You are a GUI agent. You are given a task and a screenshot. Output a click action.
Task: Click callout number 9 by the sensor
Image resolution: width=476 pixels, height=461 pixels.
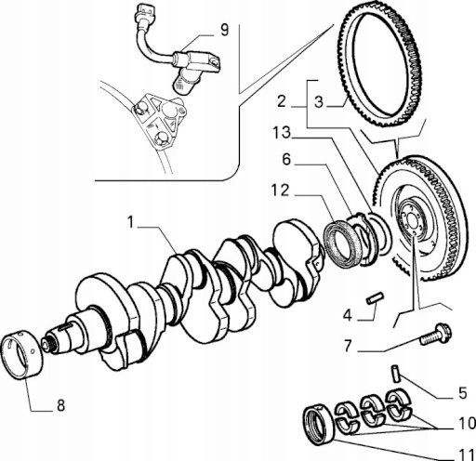(224, 30)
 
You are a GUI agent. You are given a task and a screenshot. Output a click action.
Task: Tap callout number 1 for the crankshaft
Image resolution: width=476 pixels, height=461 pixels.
(130, 222)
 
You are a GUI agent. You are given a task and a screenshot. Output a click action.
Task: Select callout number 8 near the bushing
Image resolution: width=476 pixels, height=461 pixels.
(60, 405)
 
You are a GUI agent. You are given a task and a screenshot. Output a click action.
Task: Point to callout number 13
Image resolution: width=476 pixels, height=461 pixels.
(282, 133)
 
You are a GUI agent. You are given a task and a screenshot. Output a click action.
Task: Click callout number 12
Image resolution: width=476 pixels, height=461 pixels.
(280, 191)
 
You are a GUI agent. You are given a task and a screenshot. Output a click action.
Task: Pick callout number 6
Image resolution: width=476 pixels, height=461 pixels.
(286, 160)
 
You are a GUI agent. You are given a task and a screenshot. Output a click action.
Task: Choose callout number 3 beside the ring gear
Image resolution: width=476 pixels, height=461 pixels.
(319, 102)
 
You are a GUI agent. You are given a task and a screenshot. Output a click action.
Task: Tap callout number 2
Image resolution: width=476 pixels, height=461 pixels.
(282, 101)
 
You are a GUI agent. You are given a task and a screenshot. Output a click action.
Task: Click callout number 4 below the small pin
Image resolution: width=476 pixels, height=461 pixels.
(348, 316)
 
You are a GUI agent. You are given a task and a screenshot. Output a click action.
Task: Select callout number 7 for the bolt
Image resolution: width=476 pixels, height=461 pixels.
(348, 347)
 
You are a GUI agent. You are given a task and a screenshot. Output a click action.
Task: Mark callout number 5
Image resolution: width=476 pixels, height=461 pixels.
(463, 393)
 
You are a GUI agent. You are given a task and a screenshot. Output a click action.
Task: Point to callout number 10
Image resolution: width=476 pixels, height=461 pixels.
(467, 423)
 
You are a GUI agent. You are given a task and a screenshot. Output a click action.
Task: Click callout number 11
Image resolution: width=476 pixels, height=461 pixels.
(467, 454)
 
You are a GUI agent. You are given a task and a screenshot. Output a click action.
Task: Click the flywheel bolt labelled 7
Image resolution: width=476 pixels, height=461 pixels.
(435, 335)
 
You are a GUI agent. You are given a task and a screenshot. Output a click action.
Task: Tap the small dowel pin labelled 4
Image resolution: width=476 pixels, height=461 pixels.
(375, 298)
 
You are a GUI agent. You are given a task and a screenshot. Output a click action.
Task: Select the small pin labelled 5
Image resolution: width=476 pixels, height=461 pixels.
(396, 375)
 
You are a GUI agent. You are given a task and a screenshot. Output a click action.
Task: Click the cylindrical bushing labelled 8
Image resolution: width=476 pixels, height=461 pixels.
(21, 355)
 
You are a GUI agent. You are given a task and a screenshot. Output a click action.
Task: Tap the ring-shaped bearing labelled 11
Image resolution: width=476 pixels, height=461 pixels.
(319, 425)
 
